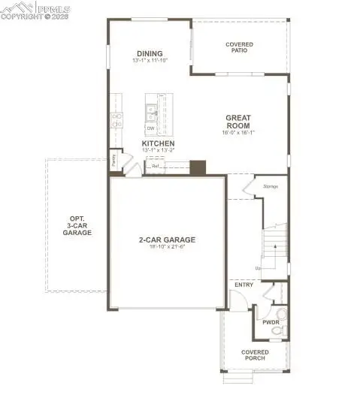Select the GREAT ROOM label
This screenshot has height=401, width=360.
pos(239,122)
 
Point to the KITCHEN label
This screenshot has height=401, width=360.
pos(158,143)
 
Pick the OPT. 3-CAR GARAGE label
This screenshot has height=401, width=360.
pos(77,226)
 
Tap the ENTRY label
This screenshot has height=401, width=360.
pos(244,285)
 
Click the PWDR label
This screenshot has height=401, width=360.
pos(271,322)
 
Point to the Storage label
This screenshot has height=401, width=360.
pos(271,186)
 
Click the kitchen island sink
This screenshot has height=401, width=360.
pos(152,113)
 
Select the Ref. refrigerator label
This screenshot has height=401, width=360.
pos(156,167)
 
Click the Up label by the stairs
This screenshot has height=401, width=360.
pos(258,268)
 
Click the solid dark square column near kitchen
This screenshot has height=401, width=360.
pos(198,167)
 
